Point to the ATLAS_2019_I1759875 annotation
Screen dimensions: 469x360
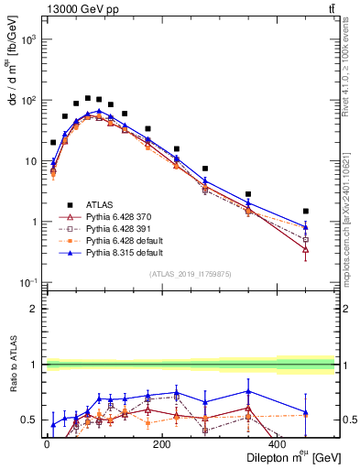[191, 273]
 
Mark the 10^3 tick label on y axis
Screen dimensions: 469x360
[27, 40]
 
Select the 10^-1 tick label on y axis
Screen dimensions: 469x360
[27, 282]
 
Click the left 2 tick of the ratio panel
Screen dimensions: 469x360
[34, 309]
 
